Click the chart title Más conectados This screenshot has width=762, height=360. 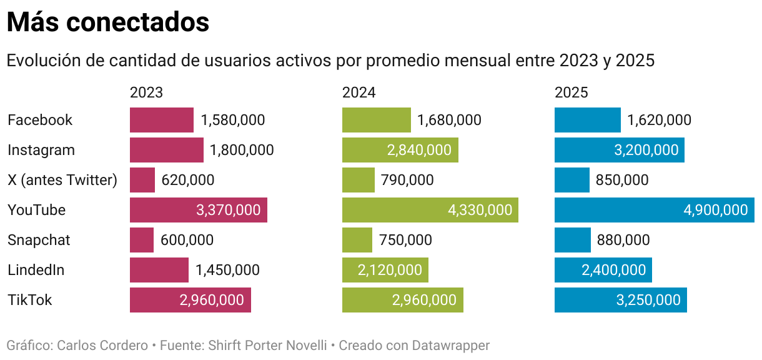[107, 22]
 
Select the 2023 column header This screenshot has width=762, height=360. [146, 92]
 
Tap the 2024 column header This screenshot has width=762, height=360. [359, 92]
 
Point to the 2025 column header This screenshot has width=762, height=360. [571, 92]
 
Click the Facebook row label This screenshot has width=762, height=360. [40, 120]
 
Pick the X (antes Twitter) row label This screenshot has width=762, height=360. [62, 180]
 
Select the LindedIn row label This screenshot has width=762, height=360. [36, 270]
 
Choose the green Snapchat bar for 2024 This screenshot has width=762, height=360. [357, 240]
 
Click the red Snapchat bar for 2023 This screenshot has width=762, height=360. [142, 240]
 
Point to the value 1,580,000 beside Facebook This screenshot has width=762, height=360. [232, 120]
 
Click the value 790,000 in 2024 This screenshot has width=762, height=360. [407, 180]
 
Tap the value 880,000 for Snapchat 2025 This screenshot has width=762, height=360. [623, 240]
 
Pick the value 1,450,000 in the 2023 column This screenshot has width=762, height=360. [227, 270]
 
